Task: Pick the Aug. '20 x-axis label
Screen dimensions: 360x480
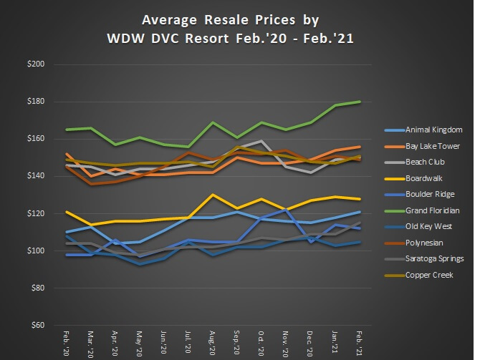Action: pyautogui.click(x=213, y=342)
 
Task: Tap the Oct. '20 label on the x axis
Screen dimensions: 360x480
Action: pyautogui.click(x=261, y=342)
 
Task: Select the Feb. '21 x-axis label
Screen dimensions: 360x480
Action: pyautogui.click(x=360, y=342)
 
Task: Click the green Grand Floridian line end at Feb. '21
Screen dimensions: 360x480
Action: pyautogui.click(x=360, y=102)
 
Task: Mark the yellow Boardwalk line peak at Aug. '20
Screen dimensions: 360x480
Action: pyautogui.click(x=213, y=195)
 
